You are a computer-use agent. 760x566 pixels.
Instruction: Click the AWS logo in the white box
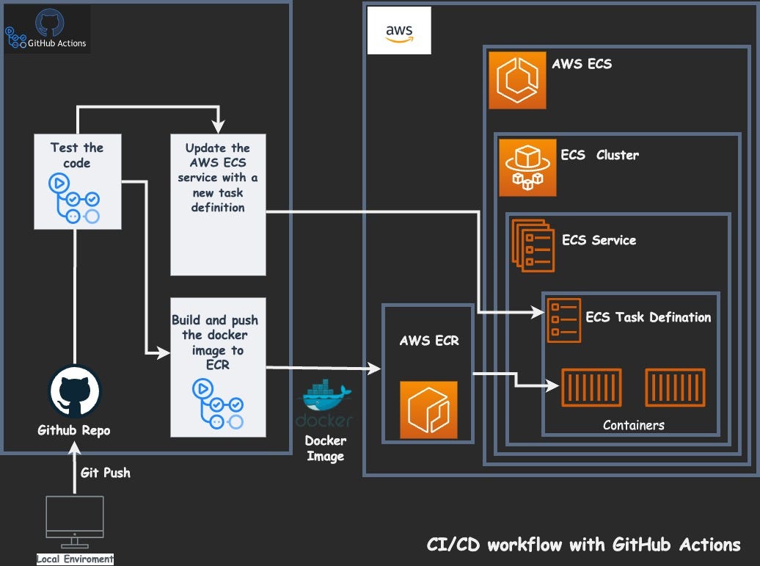(x=399, y=32)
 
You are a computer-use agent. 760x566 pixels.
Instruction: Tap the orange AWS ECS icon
(x=517, y=80)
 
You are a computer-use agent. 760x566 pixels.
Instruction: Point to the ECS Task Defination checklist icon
(x=563, y=321)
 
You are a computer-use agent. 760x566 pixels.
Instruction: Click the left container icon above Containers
(x=591, y=388)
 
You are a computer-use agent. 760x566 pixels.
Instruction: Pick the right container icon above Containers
(x=675, y=388)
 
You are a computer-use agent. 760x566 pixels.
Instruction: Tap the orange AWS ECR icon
(x=428, y=410)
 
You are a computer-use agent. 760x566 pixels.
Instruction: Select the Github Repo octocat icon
(x=73, y=392)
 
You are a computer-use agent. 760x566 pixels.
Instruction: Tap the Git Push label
(x=106, y=473)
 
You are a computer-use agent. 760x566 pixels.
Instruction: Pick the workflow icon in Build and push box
(x=217, y=404)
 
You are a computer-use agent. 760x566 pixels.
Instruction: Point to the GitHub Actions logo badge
(x=47, y=29)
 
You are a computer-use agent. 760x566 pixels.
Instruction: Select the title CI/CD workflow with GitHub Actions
(x=584, y=545)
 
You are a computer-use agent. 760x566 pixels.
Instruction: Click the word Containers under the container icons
(x=633, y=425)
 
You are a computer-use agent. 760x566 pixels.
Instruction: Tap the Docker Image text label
(x=325, y=449)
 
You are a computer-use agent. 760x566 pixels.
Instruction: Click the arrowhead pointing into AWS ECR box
(x=376, y=369)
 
